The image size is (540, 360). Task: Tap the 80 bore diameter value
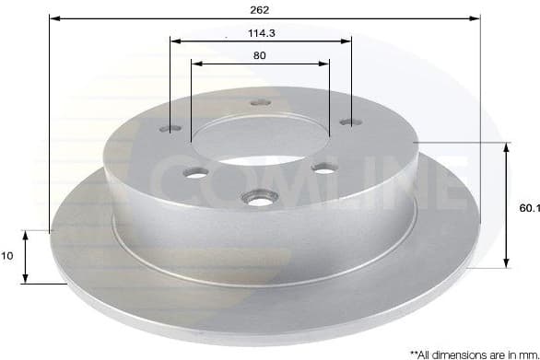(260, 55)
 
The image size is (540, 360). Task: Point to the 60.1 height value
(528, 209)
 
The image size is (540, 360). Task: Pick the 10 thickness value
(9, 257)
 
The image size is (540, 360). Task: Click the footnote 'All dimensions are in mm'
(473, 353)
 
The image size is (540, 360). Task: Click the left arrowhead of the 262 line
(53, 17)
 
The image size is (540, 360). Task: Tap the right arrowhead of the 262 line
(476, 17)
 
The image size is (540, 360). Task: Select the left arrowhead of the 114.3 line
(175, 41)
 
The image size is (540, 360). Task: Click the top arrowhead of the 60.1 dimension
(505, 148)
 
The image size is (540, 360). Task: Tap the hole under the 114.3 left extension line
(171, 130)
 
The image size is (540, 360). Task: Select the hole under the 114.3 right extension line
(348, 120)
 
